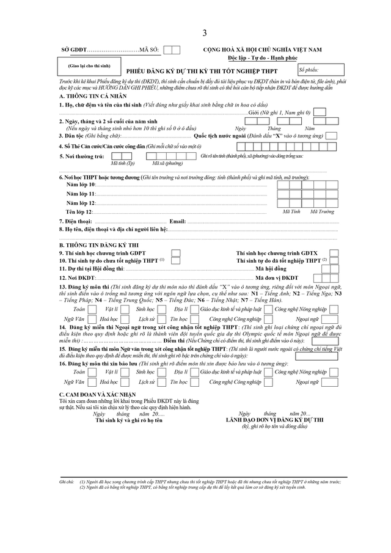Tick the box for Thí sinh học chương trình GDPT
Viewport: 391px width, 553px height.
(175, 252)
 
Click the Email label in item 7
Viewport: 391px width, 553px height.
(177, 221)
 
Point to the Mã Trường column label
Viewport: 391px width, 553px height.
(322, 211)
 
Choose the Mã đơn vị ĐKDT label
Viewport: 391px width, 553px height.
(276, 278)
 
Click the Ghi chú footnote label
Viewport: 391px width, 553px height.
(67, 482)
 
